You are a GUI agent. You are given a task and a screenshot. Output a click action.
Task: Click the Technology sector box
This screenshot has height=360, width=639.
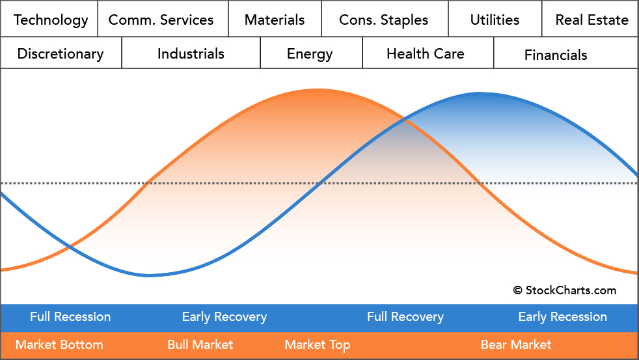tap(50, 20)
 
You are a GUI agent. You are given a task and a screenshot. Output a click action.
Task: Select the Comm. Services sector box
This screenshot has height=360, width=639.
tap(161, 20)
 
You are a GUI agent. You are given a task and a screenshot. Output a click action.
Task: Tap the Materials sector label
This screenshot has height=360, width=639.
tap(275, 20)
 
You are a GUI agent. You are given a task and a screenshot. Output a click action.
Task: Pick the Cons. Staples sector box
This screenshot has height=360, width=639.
tap(384, 20)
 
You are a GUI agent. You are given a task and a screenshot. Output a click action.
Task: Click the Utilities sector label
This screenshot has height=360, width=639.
tap(495, 20)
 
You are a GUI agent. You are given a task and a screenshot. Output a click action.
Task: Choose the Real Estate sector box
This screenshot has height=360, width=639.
tap(591, 20)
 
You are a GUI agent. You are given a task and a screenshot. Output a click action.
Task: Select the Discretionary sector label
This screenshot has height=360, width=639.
tap(61, 53)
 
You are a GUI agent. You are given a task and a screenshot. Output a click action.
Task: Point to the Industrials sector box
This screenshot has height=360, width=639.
tap(191, 53)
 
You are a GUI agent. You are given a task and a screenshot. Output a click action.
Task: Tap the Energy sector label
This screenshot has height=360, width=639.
tap(310, 53)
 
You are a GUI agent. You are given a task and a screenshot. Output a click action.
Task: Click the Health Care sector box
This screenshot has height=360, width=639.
tap(426, 53)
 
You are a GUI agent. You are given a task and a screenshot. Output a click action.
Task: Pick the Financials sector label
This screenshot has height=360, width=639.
tap(556, 55)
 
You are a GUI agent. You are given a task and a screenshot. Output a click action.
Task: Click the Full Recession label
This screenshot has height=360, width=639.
tap(70, 317)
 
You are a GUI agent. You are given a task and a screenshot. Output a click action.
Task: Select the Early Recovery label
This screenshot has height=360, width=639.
tap(224, 317)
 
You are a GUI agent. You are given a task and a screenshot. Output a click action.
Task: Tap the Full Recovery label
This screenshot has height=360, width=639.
tap(405, 317)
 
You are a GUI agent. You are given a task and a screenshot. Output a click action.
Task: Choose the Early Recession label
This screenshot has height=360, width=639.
tap(562, 317)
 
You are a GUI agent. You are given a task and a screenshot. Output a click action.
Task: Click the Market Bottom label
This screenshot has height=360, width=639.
tap(59, 344)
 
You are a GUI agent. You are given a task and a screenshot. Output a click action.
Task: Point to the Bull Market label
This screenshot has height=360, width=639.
tap(200, 344)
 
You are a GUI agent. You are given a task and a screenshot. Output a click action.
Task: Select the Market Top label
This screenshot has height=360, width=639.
tap(318, 344)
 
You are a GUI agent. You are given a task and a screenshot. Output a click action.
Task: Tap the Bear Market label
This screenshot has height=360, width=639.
tap(516, 344)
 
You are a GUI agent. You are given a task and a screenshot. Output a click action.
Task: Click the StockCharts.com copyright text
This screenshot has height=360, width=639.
tap(564, 290)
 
